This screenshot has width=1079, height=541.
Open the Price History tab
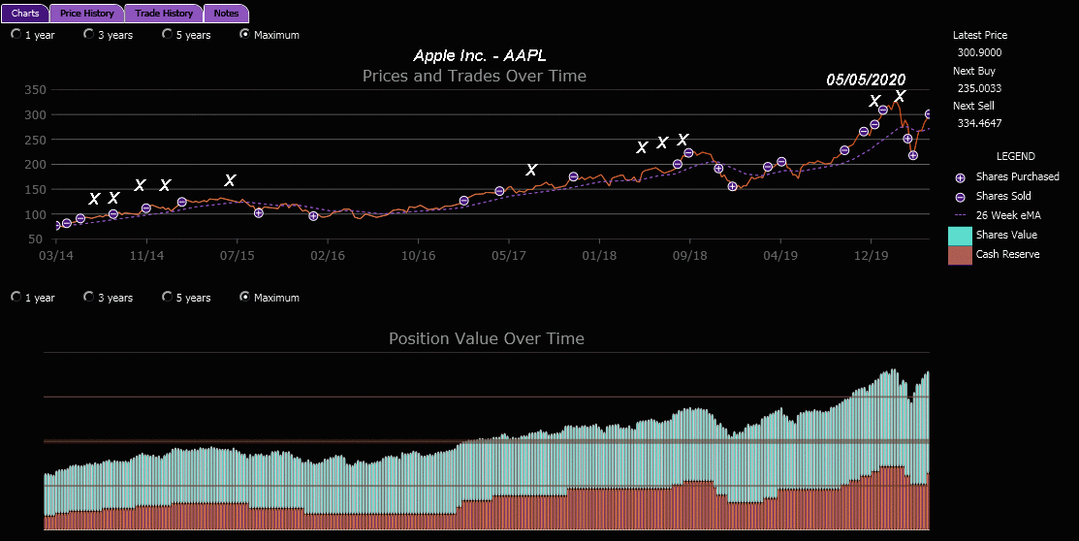(87, 14)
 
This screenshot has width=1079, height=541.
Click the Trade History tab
(164, 14)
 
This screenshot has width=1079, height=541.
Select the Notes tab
(227, 14)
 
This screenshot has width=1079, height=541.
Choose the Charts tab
(25, 14)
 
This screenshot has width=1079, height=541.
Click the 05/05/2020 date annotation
(866, 80)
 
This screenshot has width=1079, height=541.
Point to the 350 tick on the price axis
(35, 90)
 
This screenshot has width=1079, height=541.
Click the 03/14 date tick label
(56, 256)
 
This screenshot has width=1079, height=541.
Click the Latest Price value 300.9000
(979, 52)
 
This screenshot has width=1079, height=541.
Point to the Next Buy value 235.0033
(979, 88)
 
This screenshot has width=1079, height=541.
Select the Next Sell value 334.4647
(979, 123)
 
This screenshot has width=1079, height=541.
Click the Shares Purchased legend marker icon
(961, 177)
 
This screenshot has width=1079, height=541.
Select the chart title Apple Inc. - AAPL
(486, 56)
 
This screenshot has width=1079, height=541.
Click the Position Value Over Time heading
(487, 338)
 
